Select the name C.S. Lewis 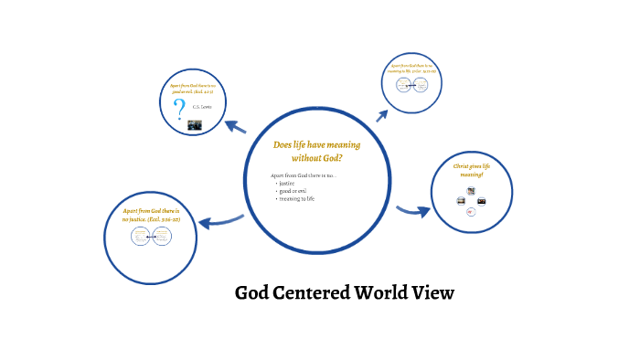(201, 107)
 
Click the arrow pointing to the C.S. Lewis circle (235, 127)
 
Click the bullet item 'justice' (287, 183)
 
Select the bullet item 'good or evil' (293, 190)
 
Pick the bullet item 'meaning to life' (297, 198)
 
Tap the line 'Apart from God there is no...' (304, 175)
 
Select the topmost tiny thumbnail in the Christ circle (471, 190)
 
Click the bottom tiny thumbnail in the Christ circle (470, 211)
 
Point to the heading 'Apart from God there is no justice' (151, 215)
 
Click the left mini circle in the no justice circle (140, 237)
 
